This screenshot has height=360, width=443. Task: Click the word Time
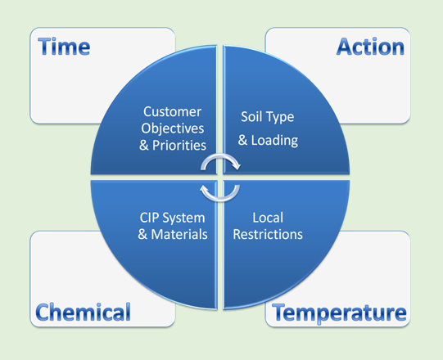(64, 47)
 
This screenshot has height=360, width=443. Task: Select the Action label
(370, 47)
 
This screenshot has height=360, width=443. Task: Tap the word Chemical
(83, 312)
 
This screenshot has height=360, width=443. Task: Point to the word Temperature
(339, 313)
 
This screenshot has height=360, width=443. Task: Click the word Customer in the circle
(172, 112)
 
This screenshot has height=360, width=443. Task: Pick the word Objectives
(173, 128)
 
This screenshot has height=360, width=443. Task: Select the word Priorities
(179, 146)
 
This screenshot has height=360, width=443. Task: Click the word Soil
(251, 117)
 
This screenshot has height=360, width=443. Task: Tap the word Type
(280, 118)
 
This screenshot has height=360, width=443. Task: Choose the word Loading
(274, 141)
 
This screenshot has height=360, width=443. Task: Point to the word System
(184, 218)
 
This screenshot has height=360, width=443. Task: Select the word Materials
(179, 235)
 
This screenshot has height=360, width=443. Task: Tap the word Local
(268, 218)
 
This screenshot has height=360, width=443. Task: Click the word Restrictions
(268, 235)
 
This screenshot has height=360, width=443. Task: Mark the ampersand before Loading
(243, 140)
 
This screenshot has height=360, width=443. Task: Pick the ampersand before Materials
(143, 235)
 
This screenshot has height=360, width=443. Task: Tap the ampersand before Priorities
(144, 146)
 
